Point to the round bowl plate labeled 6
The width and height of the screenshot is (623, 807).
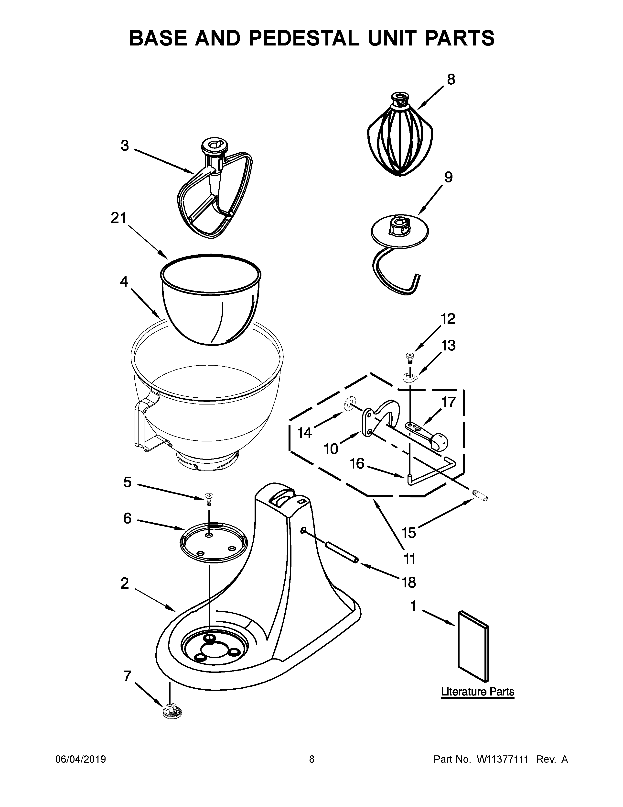pyautogui.click(x=213, y=543)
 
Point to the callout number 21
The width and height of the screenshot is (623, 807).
pyautogui.click(x=118, y=218)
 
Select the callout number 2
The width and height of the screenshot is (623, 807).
pyautogui.click(x=125, y=583)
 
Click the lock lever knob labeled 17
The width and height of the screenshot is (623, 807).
pyautogui.click(x=439, y=442)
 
